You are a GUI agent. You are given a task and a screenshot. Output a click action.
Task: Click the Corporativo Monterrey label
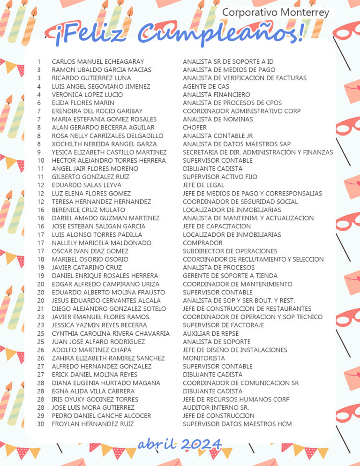(276, 13)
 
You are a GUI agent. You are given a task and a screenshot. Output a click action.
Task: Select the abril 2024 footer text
(180, 444)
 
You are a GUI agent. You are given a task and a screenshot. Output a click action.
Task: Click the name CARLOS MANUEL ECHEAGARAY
(98, 61)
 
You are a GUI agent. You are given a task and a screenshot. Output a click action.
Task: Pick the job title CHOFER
(195, 128)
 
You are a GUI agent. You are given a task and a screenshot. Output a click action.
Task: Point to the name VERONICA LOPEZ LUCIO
(87, 95)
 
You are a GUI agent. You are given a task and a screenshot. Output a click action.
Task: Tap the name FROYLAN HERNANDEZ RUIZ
(93, 424)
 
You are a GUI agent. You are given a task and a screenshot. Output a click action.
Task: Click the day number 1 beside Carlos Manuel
(38, 61)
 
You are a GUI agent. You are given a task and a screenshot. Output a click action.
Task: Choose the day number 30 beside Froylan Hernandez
(41, 424)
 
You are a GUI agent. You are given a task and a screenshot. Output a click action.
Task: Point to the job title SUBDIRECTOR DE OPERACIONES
(230, 251)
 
